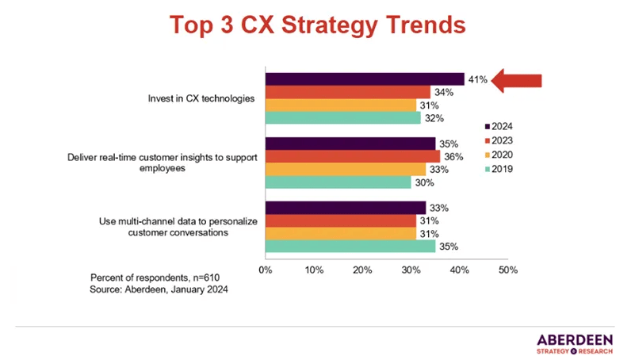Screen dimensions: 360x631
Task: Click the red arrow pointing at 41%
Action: [517, 80]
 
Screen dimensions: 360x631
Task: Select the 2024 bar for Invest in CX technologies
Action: [365, 79]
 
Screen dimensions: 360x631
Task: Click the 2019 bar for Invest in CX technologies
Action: [342, 118]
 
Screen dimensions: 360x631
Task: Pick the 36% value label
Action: [451, 156]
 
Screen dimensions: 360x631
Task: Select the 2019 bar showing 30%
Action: [338, 182]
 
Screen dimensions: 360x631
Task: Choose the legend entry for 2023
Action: [504, 140]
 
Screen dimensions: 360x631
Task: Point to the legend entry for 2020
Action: [504, 154]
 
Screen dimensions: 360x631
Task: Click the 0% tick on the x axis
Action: [266, 270]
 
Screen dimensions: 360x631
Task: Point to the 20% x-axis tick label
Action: [362, 270]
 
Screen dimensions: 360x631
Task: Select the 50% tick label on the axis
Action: [507, 270]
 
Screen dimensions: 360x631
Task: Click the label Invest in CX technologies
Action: [201, 99]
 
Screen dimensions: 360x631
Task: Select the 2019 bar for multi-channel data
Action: [350, 247]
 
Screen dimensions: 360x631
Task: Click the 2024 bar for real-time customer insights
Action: [350, 144]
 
